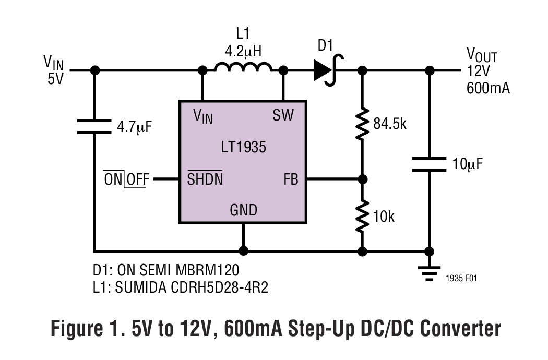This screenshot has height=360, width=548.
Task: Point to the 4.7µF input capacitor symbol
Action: [x=94, y=126]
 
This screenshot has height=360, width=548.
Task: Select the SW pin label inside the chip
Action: [x=283, y=116]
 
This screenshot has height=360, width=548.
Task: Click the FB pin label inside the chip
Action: [x=291, y=179]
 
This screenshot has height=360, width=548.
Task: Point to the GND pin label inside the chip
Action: [x=243, y=210]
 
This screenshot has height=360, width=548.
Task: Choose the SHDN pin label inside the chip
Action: [x=205, y=179]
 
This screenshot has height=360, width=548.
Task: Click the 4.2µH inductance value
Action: [x=243, y=51]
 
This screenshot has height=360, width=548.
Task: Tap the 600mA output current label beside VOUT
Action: [x=488, y=88]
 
